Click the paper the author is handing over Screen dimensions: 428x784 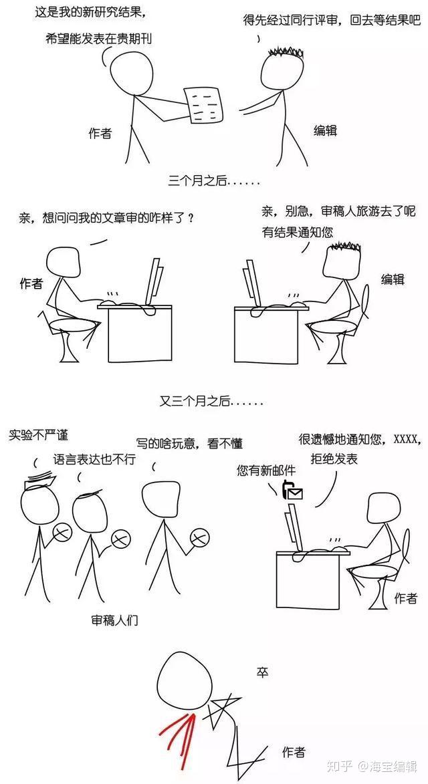(x=203, y=106)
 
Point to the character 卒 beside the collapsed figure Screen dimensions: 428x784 (x=263, y=673)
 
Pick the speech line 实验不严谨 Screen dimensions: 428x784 (x=38, y=435)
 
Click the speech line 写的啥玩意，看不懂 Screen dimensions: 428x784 (x=189, y=443)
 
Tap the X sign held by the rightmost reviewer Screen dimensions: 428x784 (x=199, y=537)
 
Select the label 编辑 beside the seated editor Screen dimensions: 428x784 (x=393, y=279)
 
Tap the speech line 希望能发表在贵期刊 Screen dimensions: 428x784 (x=98, y=39)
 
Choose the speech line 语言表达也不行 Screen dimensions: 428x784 (x=94, y=459)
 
